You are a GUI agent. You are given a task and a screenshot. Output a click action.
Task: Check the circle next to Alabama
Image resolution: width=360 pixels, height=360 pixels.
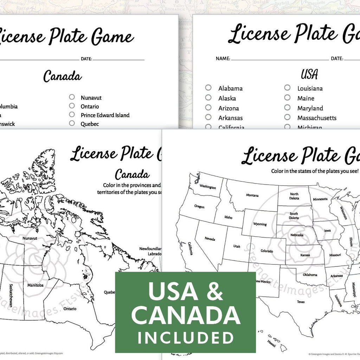tap(208, 88)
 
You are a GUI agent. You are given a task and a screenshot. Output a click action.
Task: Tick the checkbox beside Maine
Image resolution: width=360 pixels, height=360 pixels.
tap(287, 98)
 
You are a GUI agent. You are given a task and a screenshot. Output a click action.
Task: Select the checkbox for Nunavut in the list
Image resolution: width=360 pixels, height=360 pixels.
tap(72, 97)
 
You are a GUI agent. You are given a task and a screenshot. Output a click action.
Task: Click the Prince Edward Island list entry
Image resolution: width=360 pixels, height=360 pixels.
tap(105, 115)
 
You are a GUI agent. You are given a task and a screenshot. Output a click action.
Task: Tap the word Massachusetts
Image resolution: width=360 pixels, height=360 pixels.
tap(317, 118)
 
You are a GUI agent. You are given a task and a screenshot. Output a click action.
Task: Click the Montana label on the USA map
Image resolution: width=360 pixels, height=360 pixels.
tap(252, 195)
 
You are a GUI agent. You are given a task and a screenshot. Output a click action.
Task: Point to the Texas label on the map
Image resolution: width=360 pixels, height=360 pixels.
tap(301, 302)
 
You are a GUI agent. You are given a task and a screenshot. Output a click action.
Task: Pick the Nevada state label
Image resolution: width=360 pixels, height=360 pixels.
tap(210, 239)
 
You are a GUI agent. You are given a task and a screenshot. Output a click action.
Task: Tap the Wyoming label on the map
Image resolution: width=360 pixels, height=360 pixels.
tap(260, 224)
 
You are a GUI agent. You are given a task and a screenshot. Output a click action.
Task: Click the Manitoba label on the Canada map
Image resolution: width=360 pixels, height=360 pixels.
tap(36, 285)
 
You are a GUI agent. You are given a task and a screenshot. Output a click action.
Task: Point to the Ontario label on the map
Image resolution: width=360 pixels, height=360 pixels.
tap(70, 309)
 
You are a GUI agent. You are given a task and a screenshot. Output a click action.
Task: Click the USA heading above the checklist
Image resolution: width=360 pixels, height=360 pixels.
tap(309, 75)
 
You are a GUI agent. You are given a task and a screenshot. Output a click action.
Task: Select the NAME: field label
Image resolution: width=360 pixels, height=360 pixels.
tap(223, 58)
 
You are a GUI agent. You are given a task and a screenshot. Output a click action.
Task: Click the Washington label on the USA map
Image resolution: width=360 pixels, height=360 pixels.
tap(207, 187)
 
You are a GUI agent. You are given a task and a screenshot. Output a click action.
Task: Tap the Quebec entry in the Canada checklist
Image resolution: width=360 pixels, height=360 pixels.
tap(90, 124)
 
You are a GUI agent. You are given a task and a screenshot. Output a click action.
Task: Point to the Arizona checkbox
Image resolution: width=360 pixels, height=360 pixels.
tap(208, 108)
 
